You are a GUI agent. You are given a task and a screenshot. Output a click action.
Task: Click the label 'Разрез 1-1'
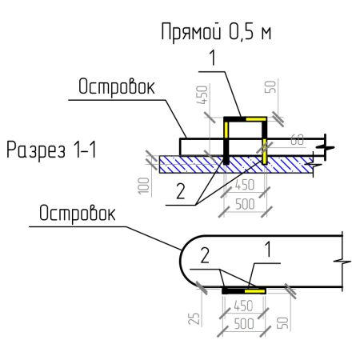(50, 150)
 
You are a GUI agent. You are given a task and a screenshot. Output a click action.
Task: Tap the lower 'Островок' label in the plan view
(77, 214)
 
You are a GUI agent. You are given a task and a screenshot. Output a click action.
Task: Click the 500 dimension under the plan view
(244, 326)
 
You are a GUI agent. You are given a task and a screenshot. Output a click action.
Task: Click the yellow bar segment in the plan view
(255, 291)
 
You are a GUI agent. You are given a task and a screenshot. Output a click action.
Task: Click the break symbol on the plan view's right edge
(342, 261)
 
